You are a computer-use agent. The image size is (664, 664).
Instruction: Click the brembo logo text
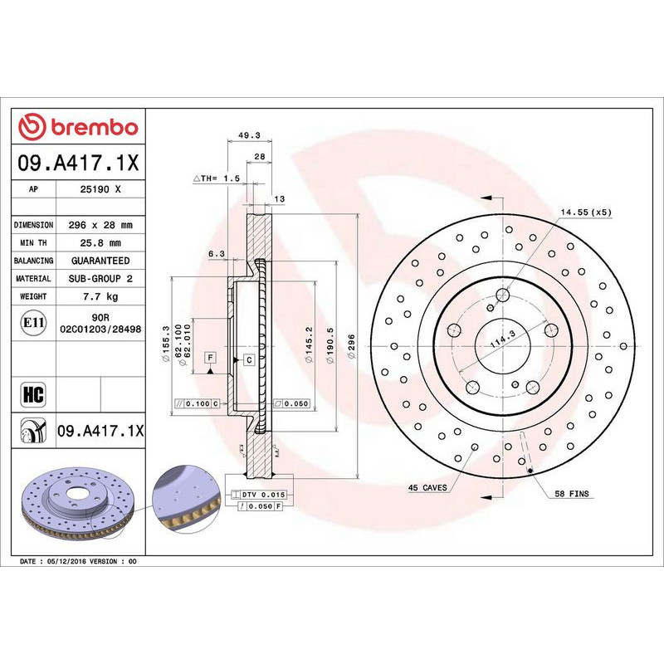tap(92, 127)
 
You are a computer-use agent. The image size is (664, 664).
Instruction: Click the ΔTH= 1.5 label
tap(217, 178)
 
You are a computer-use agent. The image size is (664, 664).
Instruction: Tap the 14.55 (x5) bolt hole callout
tap(586, 212)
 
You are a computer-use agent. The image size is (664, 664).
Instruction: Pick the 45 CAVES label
tap(427, 487)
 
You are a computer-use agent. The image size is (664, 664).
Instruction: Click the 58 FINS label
tap(571, 493)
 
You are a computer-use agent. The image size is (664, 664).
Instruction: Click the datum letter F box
tap(210, 357)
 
